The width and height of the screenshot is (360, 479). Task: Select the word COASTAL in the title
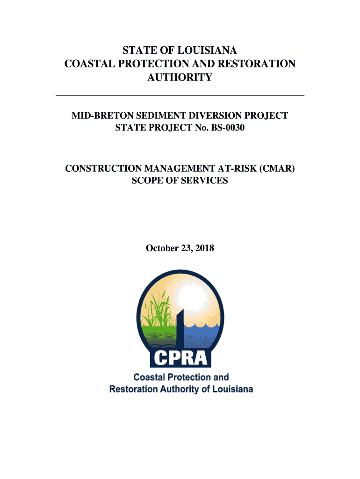pyautogui.click(x=87, y=64)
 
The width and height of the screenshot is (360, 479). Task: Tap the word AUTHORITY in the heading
pyautogui.click(x=180, y=78)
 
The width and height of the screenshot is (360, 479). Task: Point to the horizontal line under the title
pyautogui.click(x=180, y=95)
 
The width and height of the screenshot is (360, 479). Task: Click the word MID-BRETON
pyautogui.click(x=98, y=116)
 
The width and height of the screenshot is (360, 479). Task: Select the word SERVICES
pyautogui.click(x=205, y=180)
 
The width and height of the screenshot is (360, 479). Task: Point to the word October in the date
pyautogui.click(x=161, y=248)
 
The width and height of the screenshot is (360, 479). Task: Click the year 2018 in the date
pyautogui.click(x=205, y=248)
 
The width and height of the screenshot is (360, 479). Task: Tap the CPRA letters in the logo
pyautogui.click(x=180, y=358)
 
